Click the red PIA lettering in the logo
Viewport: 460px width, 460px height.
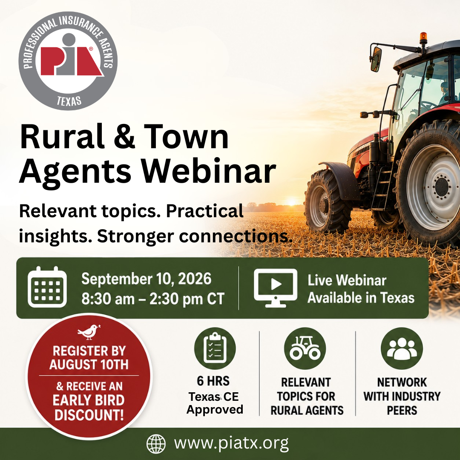(x=71, y=60)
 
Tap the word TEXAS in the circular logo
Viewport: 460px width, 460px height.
(x=69, y=101)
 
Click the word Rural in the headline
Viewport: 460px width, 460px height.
(x=62, y=137)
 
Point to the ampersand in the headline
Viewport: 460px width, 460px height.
(x=124, y=137)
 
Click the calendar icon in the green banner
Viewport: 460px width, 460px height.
(x=47, y=287)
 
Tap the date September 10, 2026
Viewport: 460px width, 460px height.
(x=146, y=279)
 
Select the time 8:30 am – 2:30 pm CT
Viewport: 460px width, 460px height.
(x=152, y=299)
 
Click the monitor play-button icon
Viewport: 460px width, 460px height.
(x=276, y=288)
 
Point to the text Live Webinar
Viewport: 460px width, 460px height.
(x=347, y=280)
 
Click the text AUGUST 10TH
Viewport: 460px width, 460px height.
(x=89, y=365)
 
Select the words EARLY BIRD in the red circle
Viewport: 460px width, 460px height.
(x=89, y=400)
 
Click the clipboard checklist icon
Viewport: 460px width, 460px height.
(x=215, y=348)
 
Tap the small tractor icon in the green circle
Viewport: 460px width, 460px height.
(x=305, y=348)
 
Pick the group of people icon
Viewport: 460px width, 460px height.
(x=402, y=348)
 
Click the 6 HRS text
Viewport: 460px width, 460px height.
(x=213, y=381)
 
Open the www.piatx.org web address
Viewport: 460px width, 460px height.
(x=231, y=443)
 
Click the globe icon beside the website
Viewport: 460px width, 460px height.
(x=156, y=444)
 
